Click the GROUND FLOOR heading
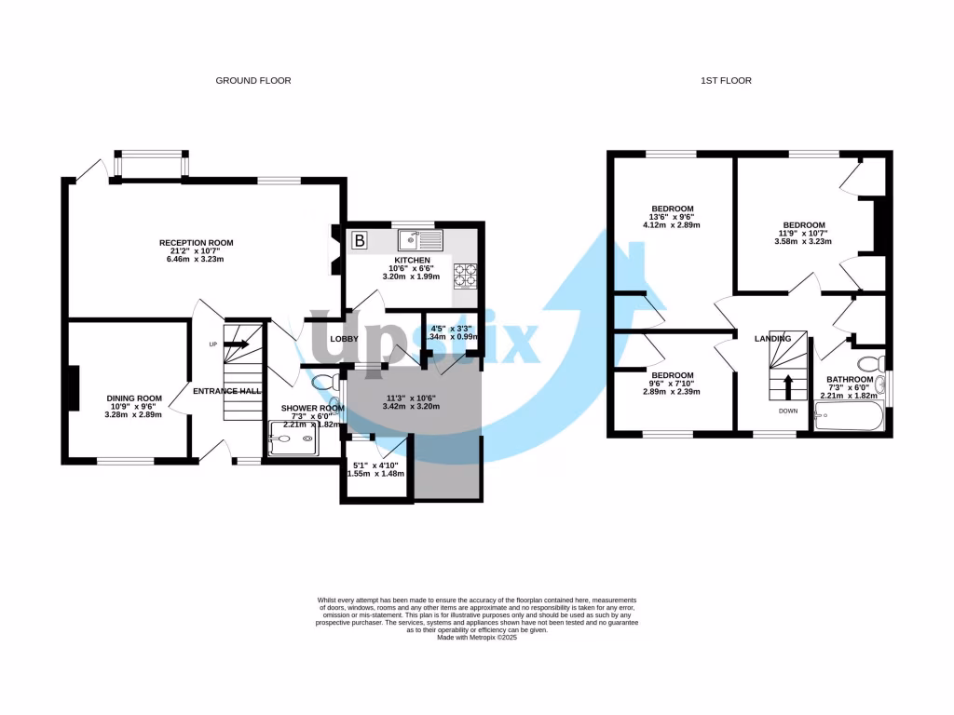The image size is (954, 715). click(253, 81)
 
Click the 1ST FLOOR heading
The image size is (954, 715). click(726, 81)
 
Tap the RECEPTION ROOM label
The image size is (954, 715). click(196, 243)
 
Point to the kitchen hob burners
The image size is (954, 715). click(464, 275)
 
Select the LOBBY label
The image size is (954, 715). click(344, 339)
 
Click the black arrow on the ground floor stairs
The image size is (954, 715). click(236, 344)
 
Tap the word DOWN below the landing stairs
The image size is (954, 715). click(788, 410)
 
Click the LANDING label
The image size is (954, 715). click(772, 339)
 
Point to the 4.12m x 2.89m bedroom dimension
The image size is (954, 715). click(672, 225)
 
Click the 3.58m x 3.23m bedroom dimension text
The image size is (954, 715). click(803, 242)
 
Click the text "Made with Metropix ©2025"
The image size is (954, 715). click(477, 637)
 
